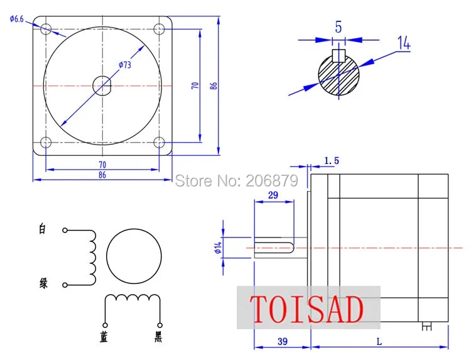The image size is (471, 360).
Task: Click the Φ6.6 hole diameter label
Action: [16, 19]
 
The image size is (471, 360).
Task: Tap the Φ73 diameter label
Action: [125, 65]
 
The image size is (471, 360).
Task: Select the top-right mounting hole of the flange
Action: [159, 30]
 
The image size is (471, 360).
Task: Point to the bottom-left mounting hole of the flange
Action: [46, 142]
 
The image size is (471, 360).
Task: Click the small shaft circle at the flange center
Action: [102, 86]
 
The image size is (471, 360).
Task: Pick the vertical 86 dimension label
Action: [214, 85]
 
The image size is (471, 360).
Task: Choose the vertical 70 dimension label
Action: [195, 85]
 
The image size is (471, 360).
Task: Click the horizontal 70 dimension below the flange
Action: [102, 165]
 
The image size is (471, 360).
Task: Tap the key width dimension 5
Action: [338, 28]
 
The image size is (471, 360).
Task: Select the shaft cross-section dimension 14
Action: [404, 43]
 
